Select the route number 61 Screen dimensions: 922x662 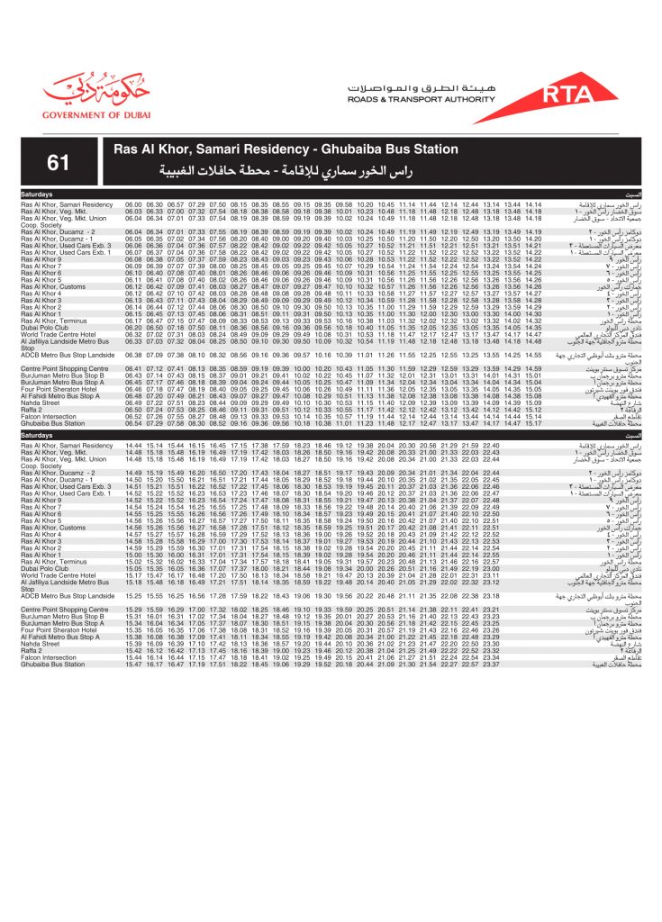tap(59, 162)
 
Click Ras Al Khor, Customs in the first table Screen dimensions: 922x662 tap(53, 286)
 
